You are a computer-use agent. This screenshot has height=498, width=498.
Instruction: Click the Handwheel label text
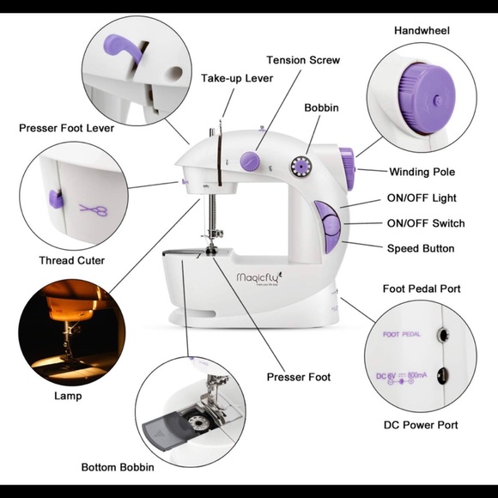point(422,31)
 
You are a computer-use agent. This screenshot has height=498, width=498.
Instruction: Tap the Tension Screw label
point(303,60)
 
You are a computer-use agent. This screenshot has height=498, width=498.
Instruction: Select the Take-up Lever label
point(237,78)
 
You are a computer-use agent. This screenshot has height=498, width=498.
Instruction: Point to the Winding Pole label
point(422,172)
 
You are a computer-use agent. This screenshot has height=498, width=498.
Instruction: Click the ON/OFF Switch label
point(426,223)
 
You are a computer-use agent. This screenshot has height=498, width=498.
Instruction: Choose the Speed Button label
point(421,248)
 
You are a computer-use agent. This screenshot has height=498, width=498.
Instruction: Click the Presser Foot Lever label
point(66,128)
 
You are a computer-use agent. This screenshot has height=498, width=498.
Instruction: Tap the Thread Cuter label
point(72,260)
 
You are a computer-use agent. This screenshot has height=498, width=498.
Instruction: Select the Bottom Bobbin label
point(118,467)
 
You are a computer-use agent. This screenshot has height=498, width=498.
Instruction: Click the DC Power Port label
point(421,425)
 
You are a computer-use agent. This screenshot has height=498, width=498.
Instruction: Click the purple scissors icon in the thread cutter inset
point(94,210)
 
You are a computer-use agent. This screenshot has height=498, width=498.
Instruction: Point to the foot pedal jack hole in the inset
point(442,335)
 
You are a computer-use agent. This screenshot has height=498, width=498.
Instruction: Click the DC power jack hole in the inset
point(443,376)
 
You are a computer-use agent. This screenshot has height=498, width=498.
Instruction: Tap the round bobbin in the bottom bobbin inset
point(199,422)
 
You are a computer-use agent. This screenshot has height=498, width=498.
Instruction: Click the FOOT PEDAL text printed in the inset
point(402,334)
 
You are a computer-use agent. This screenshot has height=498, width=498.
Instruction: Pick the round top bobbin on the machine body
point(301,166)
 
